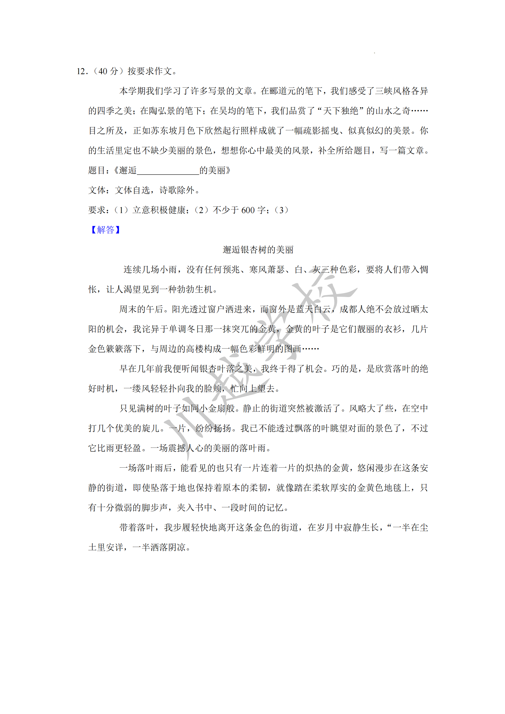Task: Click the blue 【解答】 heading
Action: pos(105,230)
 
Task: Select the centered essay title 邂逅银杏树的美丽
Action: pos(258,250)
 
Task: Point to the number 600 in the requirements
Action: pos(248,210)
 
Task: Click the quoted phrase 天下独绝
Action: pos(341,111)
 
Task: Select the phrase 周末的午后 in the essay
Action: pos(141,309)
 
